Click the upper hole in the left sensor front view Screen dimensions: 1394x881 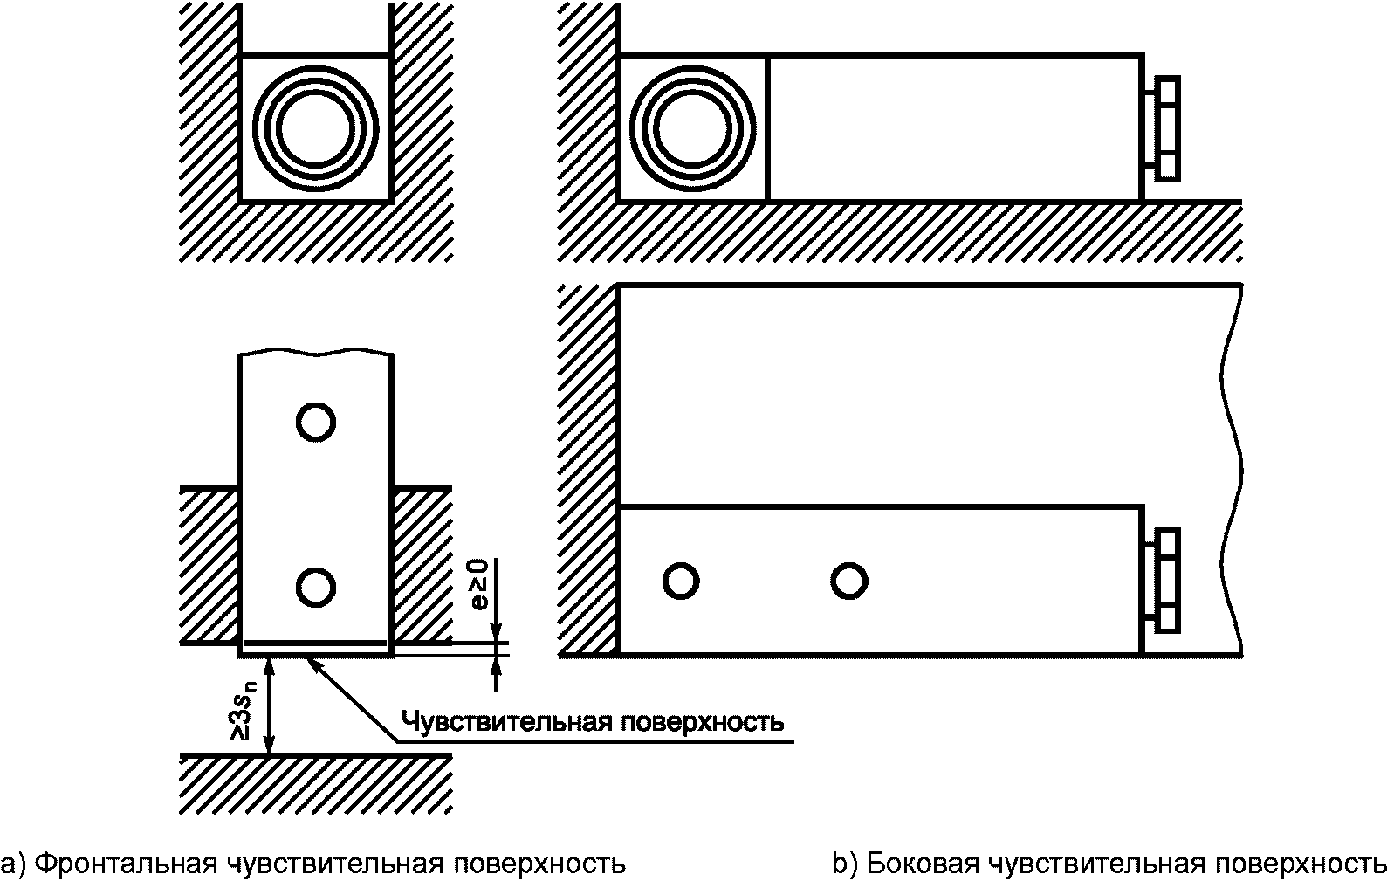click(315, 423)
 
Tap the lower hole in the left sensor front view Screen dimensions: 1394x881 click(315, 585)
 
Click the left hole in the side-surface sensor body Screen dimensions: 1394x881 click(680, 581)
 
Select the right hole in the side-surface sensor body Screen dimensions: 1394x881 click(848, 581)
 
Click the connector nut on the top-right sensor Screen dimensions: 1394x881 click(1166, 128)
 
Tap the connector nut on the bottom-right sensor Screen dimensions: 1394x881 click(1166, 580)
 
